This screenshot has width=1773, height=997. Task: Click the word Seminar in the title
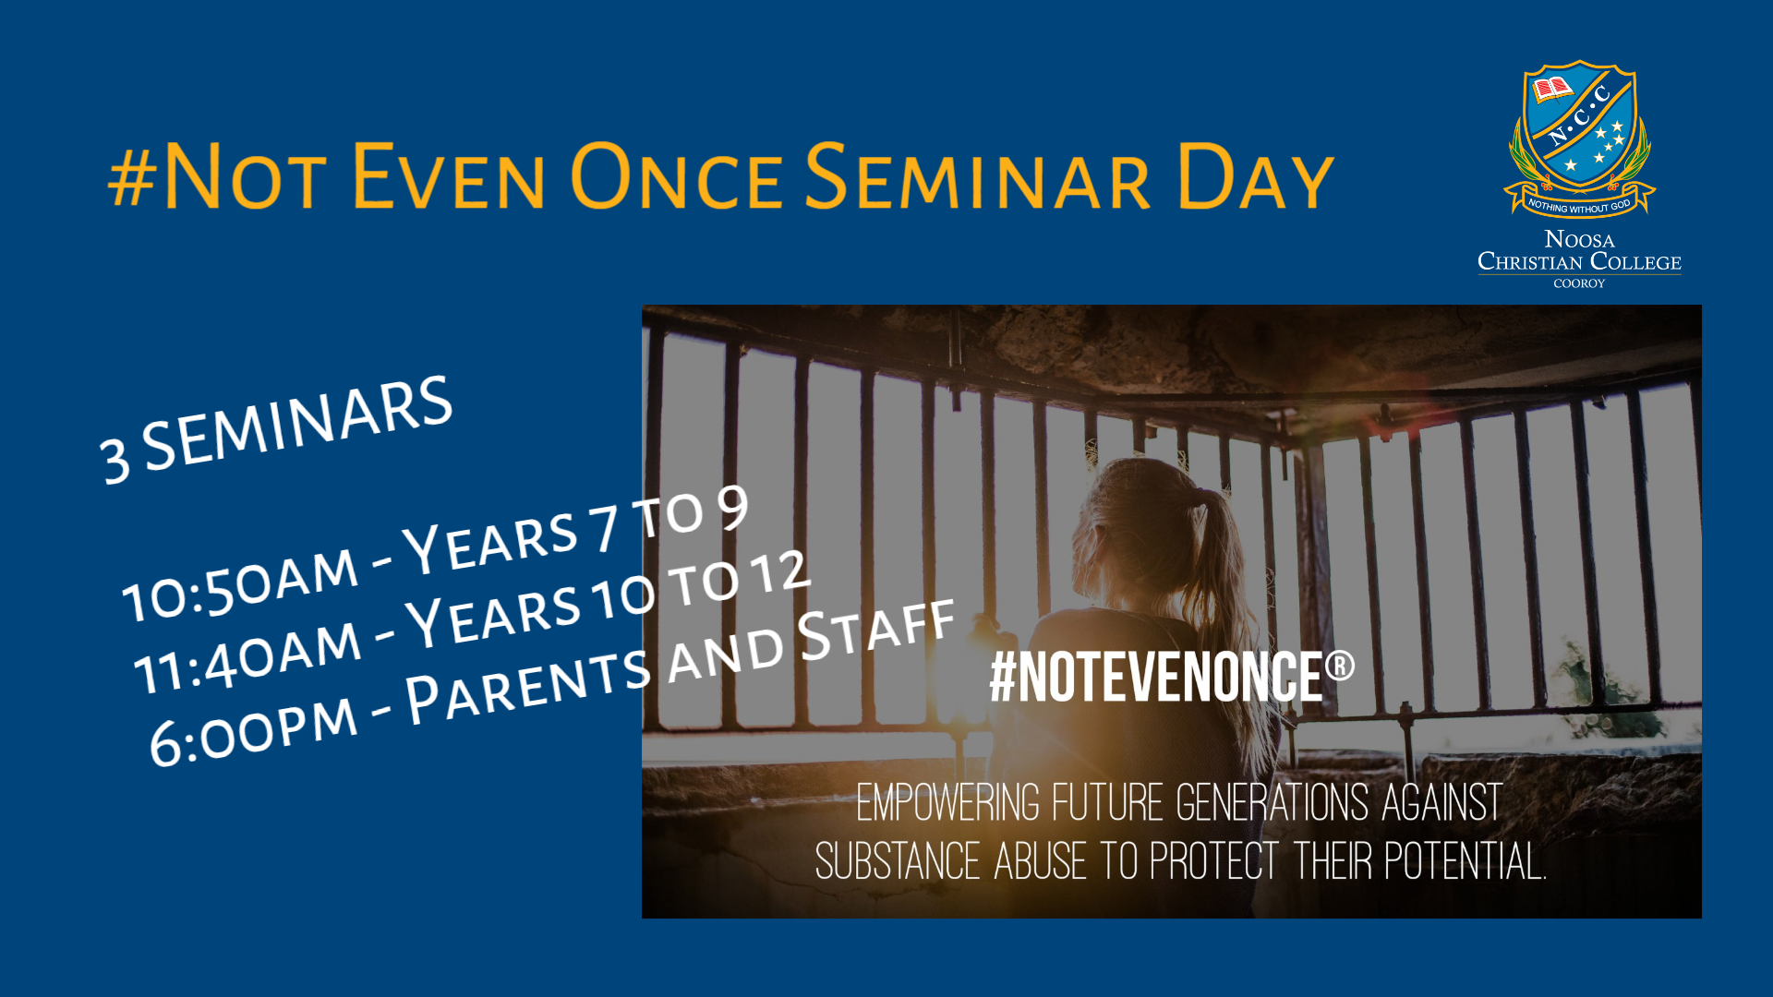coord(978,176)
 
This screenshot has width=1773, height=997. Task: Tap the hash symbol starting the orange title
coord(132,178)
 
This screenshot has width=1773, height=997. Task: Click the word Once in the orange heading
coord(678,176)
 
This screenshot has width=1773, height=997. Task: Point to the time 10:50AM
coord(240,583)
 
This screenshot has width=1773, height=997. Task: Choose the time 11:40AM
coord(247,655)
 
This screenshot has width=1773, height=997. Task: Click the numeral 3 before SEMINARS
coord(115,459)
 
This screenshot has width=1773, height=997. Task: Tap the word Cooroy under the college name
coord(1579,283)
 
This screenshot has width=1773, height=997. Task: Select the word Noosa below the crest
coord(1579,239)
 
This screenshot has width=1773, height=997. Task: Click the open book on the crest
coord(1552,90)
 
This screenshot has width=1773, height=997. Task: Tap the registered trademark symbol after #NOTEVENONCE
coord(1340,665)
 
